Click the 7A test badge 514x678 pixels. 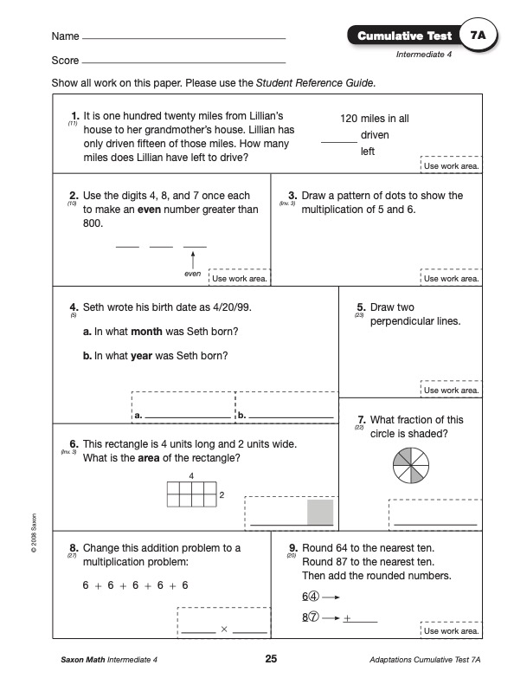pos(479,35)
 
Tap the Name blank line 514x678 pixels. pos(184,39)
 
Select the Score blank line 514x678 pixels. pos(184,63)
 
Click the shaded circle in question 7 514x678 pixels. pos(411,466)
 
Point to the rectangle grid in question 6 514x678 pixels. pos(192,494)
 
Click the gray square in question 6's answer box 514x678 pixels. pos(320,512)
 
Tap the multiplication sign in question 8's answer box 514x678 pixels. pos(224,630)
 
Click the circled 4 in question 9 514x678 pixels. pos(314,597)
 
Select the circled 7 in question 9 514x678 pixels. pos(314,617)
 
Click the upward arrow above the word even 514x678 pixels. pos(193,260)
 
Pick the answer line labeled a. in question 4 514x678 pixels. pos(189,417)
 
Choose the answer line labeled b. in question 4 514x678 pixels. pos(291,417)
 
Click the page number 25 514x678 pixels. pos(271,659)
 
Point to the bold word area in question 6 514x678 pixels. pos(149,458)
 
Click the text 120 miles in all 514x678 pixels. pos(375,119)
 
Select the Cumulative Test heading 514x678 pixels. pos(405,36)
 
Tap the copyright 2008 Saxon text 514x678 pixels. pos(34,533)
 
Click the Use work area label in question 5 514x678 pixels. pos(452,390)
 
